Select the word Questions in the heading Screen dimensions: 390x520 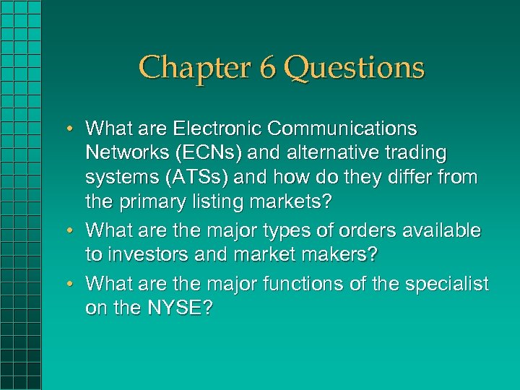[x=354, y=68]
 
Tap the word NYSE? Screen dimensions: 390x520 [x=179, y=308]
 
